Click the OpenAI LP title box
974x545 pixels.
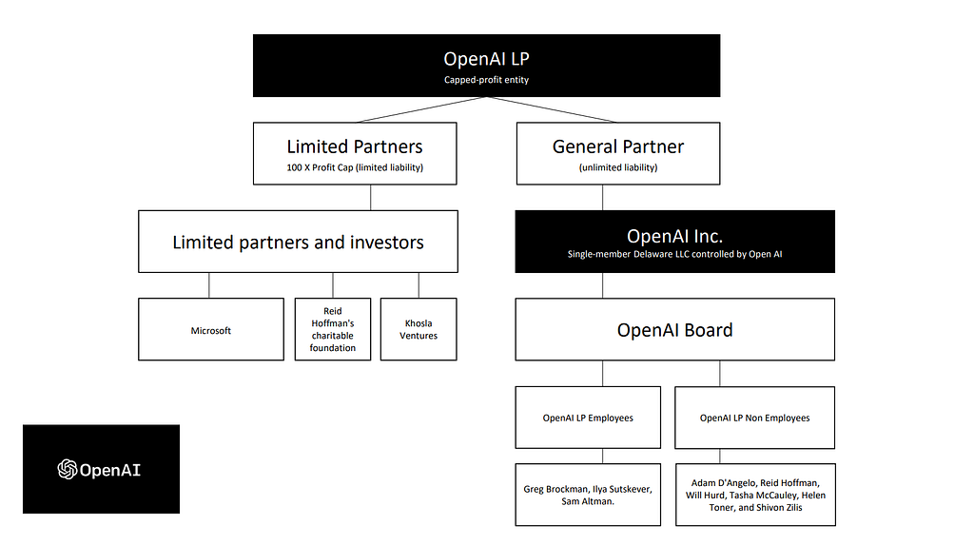486,66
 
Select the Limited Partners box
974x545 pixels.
355,153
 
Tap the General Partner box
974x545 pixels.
618,153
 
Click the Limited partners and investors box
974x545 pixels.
298,242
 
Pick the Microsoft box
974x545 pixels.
211,329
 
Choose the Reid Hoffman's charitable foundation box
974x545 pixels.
333,329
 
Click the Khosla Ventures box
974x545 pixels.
419,329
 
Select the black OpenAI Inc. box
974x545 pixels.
674,242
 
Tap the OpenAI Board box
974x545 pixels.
674,329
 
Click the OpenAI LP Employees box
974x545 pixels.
588,418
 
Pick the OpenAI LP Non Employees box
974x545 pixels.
754,418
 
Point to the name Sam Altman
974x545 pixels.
587,501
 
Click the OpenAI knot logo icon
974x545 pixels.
68,469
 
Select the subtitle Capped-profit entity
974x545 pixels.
486,80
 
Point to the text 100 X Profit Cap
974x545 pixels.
320,167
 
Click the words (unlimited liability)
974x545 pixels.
618,167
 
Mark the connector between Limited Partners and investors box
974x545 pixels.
371,198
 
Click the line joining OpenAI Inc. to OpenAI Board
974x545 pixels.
602,285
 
